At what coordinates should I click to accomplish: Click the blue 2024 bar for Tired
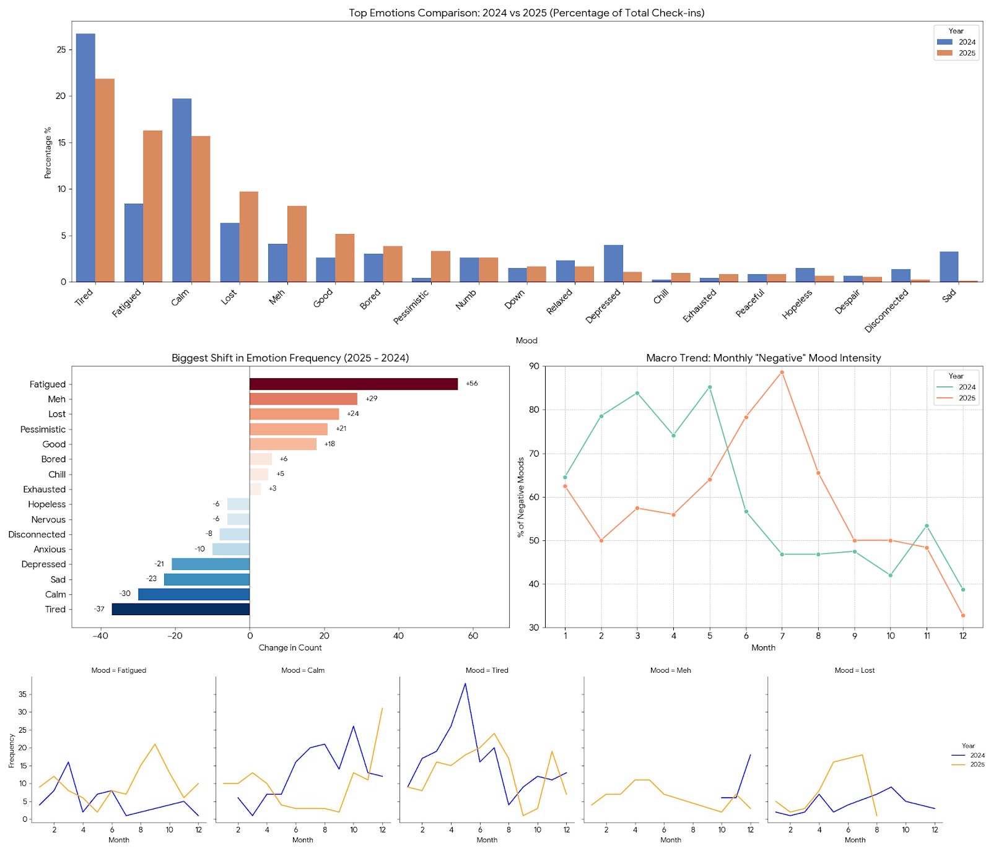85,158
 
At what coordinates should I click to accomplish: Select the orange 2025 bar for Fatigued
152,206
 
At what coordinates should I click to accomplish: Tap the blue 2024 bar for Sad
948,267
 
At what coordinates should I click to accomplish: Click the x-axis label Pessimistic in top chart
411,307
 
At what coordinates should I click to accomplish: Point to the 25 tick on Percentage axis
61,50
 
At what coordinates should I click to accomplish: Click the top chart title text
526,13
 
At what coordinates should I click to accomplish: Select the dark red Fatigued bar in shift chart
353,384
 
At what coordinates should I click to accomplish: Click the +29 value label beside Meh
371,399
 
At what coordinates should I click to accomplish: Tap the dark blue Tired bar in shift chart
180,609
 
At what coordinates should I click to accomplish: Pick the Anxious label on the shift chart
50,550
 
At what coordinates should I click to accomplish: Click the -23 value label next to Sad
151,579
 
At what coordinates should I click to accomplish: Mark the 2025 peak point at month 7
782,373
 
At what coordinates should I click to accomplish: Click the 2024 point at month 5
710,387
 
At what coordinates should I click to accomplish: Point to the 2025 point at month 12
963,615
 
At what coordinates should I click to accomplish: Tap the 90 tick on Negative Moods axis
534,366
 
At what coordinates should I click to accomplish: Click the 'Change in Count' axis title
290,647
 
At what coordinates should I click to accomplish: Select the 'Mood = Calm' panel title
302,670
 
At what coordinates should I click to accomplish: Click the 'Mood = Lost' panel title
854,670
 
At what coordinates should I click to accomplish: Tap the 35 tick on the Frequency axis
22,694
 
